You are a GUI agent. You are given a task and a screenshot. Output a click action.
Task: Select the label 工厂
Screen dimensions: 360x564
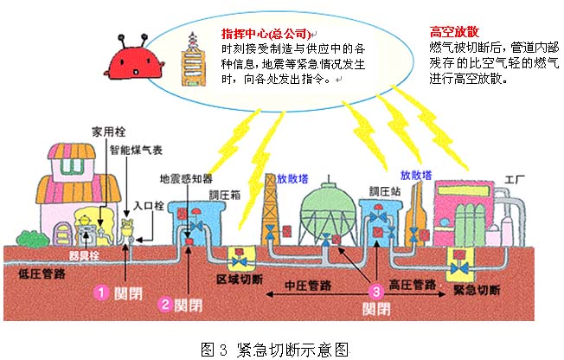coord(516,180)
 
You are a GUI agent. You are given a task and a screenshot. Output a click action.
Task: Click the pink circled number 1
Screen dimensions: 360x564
coord(100,292)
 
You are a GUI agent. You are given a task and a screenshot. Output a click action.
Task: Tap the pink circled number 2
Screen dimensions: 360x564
coord(164,304)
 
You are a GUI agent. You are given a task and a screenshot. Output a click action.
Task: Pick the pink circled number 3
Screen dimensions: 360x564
coord(375,291)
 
